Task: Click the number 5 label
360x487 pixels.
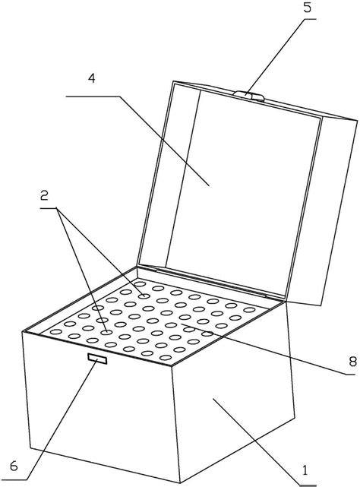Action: pos(307,8)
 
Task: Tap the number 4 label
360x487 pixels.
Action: pos(91,78)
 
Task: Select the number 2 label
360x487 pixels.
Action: pos(44,195)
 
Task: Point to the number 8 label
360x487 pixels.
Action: pos(352,361)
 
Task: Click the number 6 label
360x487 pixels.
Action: pos(14,466)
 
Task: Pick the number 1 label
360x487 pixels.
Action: pos(305,470)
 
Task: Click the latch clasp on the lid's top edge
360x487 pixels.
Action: pos(248,96)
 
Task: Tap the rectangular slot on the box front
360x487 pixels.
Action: pos(97,359)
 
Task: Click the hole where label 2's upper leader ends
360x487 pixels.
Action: pos(144,296)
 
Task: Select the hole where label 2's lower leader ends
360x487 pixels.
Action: pos(106,332)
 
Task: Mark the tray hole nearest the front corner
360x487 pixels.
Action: pos(166,358)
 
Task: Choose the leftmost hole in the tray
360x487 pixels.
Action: pos(56,332)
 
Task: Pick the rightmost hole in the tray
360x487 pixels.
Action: pos(249,310)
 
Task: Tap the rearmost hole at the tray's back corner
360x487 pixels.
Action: pos(140,284)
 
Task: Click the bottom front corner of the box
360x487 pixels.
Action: pos(180,482)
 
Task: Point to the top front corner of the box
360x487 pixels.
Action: pos(172,366)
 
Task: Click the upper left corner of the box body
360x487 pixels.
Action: pos(22,332)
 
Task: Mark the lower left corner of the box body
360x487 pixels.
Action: pos(30,447)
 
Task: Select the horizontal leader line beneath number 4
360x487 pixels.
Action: pos(93,96)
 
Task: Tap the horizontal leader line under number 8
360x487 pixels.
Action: pos(350,375)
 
